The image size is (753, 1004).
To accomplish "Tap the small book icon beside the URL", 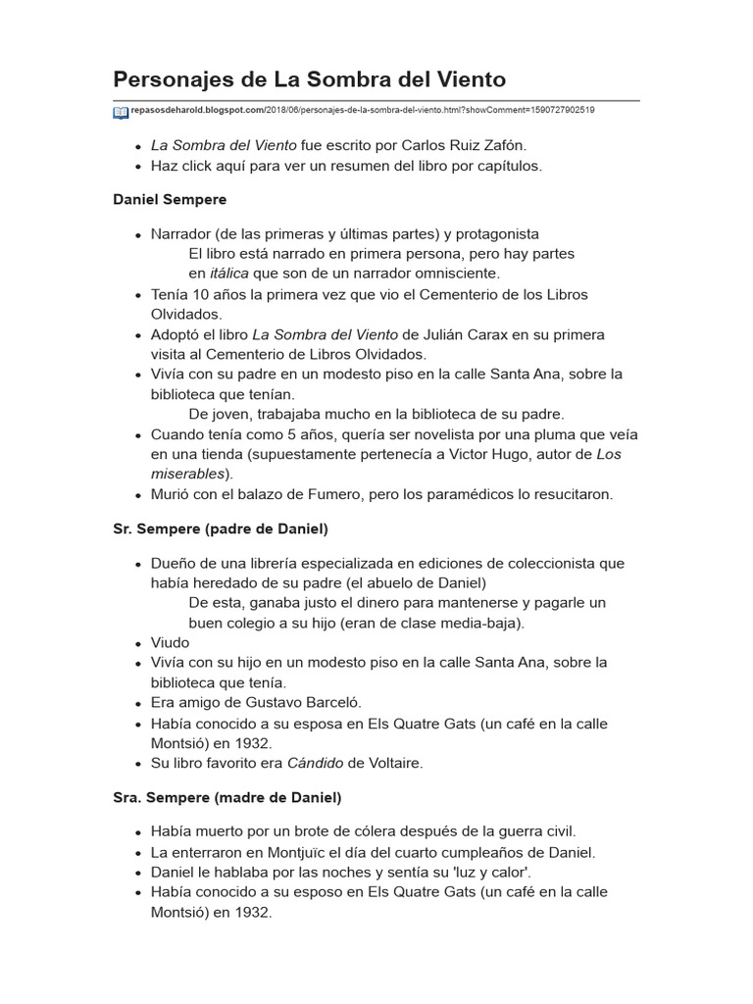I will pyautogui.click(x=121, y=112).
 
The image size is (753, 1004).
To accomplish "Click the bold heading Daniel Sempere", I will pyautogui.click(x=171, y=199).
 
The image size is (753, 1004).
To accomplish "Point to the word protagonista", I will pyautogui.click(x=491, y=233).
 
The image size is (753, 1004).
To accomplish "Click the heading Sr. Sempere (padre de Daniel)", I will pyautogui.click(x=221, y=528).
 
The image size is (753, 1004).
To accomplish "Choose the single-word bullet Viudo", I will pyautogui.click(x=171, y=642).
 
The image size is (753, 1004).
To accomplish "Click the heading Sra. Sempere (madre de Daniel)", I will pyautogui.click(x=227, y=797).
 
